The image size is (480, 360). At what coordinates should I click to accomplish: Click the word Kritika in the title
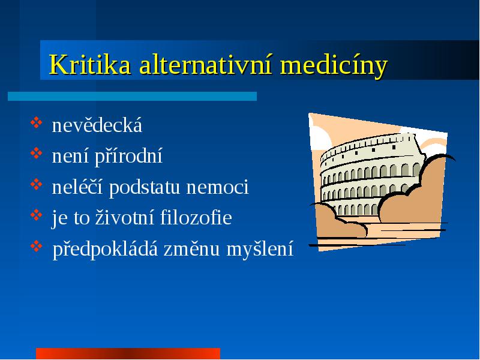[x=90, y=64]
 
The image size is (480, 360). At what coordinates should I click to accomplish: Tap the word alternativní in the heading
[x=205, y=64]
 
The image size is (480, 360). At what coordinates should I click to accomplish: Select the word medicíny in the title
[x=334, y=65]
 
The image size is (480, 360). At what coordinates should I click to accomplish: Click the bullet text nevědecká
[x=97, y=125]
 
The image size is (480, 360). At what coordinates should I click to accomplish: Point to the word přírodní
[x=128, y=157]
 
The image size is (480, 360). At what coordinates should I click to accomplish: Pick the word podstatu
[x=144, y=188]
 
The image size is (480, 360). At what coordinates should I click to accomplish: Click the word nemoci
[x=217, y=187]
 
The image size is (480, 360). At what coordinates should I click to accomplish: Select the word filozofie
[x=196, y=217]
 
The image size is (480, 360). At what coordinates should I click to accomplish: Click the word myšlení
[x=260, y=249]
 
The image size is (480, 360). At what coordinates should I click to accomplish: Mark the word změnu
[x=191, y=248]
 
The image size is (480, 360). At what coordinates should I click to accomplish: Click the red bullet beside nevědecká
[x=36, y=122]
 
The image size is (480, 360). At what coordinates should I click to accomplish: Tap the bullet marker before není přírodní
[x=36, y=154]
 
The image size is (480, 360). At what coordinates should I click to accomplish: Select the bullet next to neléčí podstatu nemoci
[x=36, y=184]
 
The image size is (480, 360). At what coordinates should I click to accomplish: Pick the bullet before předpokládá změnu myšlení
[x=36, y=246]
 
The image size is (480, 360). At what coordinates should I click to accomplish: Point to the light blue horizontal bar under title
[x=132, y=96]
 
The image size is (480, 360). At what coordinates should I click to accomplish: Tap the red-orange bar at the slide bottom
[x=128, y=353]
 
